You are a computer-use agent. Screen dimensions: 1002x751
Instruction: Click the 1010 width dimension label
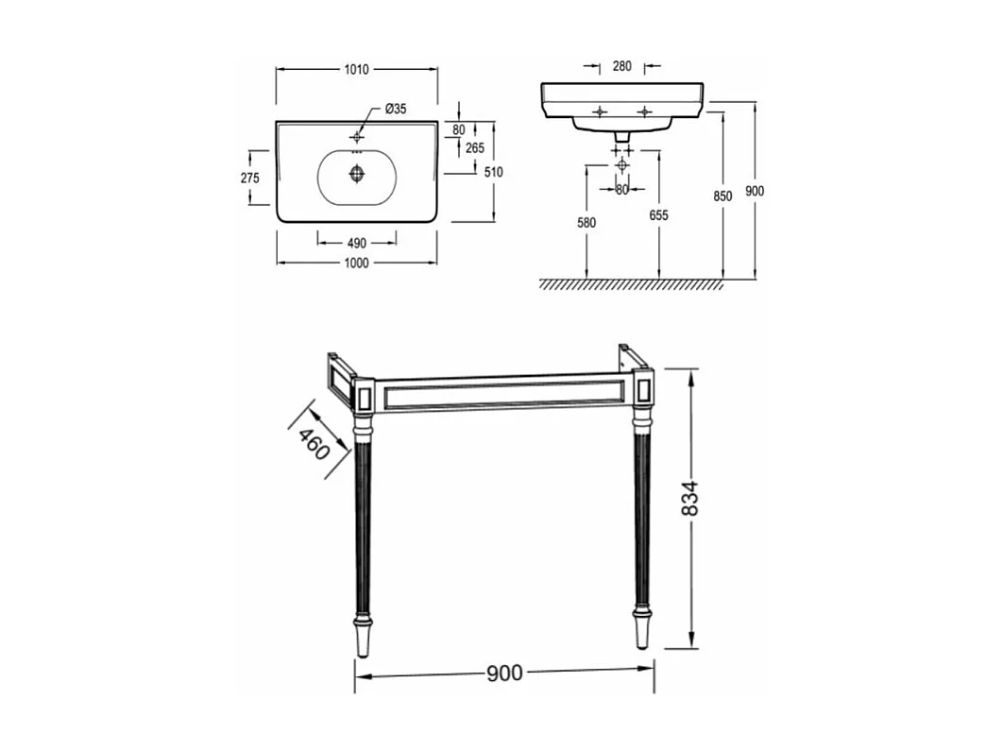click(357, 69)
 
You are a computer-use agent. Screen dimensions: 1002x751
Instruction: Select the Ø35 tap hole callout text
click(397, 109)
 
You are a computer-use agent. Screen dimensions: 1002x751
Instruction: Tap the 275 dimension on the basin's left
click(250, 178)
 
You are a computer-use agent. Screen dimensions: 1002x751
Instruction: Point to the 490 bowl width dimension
click(357, 243)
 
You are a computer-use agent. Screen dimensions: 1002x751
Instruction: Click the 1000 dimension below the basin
click(357, 263)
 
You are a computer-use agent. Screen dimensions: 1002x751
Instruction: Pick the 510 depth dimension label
click(493, 172)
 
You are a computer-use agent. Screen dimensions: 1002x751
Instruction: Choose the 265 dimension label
click(475, 147)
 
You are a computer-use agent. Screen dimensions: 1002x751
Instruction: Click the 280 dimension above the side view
click(621, 66)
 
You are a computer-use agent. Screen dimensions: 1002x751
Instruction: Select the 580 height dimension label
click(586, 222)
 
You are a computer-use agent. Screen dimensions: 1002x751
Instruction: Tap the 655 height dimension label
click(658, 215)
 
